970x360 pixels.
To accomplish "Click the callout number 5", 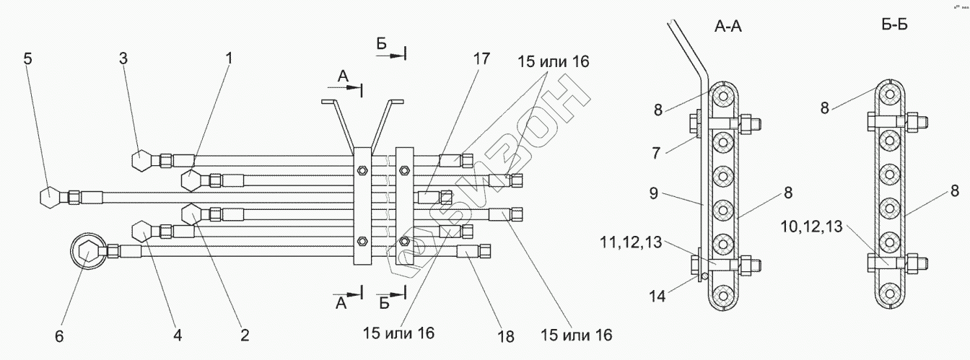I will tap(27, 59).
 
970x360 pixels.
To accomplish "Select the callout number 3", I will tap(123, 59).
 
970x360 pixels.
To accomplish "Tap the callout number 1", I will tap(230, 59).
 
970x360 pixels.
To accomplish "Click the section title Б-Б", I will tap(894, 26).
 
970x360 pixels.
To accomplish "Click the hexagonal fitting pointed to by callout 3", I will tap(140, 159).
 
